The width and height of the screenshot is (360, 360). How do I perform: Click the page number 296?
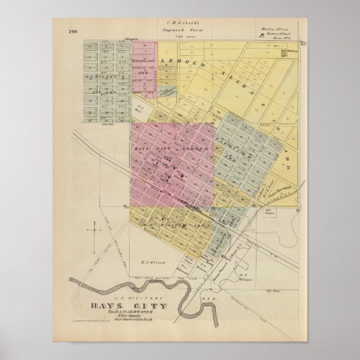[73, 32]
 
